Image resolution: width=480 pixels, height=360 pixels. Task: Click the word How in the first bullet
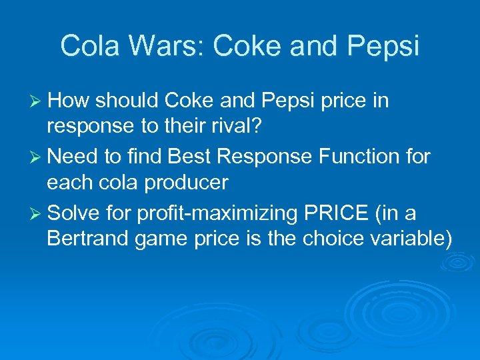69,101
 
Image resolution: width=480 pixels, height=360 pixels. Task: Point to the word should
126,101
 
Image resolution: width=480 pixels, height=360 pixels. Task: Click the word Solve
73,213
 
